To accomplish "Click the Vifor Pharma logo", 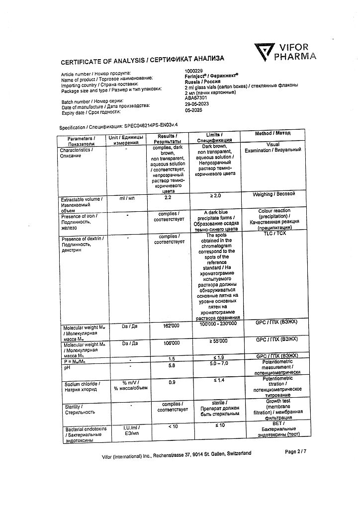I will (x=285, y=51).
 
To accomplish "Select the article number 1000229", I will (x=194, y=71).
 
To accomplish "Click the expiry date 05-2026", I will (x=193, y=111).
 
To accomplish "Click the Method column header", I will (x=273, y=133).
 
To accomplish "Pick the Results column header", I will (x=167, y=139).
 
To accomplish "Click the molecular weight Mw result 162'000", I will (x=169, y=326).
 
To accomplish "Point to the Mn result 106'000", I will (x=169, y=342).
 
